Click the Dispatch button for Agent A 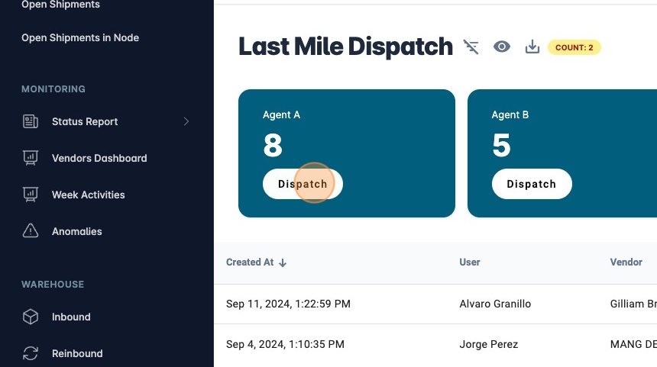303,184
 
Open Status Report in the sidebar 85,121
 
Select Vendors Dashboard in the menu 99,158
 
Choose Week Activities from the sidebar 88,195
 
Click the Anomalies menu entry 76,231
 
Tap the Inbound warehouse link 71,317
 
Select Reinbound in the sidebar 77,353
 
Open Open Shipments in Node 80,37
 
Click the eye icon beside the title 501,47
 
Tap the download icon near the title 532,47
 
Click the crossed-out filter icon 471,47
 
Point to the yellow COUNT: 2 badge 574,47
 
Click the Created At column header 250,262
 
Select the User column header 470,262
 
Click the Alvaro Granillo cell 495,304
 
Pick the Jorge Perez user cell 489,344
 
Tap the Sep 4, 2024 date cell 285,344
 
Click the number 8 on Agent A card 273,145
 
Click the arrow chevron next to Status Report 186,121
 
